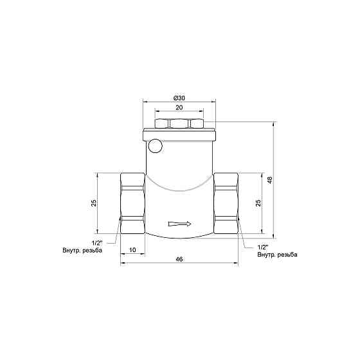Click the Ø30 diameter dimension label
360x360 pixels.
click(179, 97)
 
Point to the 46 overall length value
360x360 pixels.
click(179, 260)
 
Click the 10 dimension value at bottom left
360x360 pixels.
click(132, 249)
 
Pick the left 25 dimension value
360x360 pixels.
click(93, 203)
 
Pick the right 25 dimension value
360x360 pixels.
click(258, 203)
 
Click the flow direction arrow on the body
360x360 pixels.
click(179, 224)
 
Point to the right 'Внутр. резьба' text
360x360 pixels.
click(277, 255)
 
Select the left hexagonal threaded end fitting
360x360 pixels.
click(133, 203)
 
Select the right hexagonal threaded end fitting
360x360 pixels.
click(226, 203)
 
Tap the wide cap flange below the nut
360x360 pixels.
click(179, 135)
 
